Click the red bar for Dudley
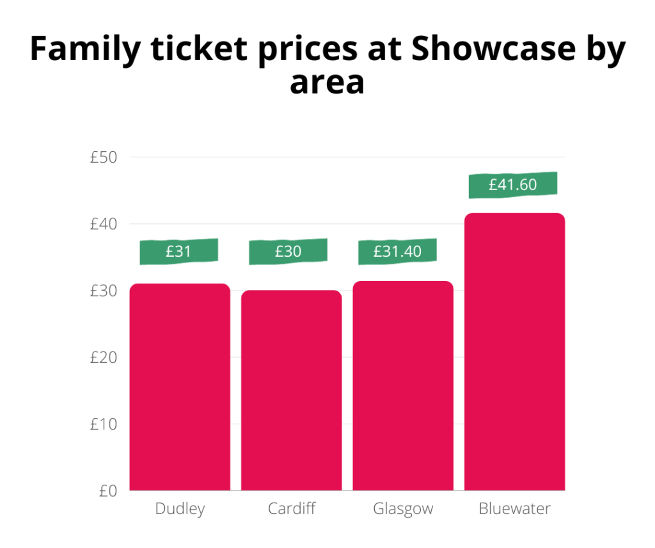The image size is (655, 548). point(180,387)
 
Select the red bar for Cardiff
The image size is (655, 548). point(291,391)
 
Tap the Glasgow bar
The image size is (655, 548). point(403,385)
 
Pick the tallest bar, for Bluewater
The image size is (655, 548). point(514,351)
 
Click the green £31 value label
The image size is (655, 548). point(179,252)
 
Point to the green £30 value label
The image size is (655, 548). point(288,252)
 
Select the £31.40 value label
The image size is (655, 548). point(397,252)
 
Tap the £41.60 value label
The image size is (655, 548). point(513,185)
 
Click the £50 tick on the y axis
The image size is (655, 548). point(104,157)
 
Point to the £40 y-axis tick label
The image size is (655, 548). point(104,224)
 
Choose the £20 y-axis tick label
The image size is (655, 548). point(104,357)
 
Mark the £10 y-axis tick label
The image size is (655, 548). point(104,424)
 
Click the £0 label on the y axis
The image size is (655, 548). point(107,491)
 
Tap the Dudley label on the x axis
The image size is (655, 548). point(180,510)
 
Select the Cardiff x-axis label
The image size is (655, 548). point(292,510)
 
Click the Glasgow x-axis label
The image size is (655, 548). point(403,510)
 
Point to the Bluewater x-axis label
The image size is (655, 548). point(514,510)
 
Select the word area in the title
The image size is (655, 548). point(327,83)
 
